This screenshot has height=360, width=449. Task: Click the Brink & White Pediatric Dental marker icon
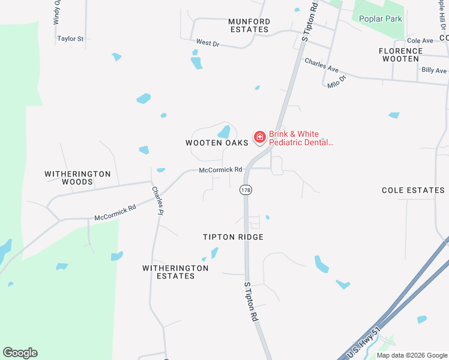coord(260,138)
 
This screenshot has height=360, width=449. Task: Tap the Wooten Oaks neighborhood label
coord(217,143)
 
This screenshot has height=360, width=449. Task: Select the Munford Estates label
coord(249,25)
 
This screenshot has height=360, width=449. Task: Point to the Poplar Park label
coord(381,19)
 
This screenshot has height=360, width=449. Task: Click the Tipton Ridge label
coord(234,237)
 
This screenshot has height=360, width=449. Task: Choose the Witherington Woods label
coord(78,178)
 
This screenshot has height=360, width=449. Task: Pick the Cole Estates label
coord(413,190)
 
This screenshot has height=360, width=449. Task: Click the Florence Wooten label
coord(400,55)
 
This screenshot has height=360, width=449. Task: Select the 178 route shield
coord(246,190)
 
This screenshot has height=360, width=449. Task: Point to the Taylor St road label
coord(70,38)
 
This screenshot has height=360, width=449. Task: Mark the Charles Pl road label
coord(157,200)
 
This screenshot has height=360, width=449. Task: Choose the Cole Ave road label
coord(420,40)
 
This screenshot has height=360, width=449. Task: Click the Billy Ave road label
coord(434,70)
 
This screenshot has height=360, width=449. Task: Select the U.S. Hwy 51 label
coord(364,343)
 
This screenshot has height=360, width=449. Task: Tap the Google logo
coord(20,353)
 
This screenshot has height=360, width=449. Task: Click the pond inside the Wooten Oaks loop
coord(224,131)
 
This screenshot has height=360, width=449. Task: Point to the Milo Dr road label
coord(337,82)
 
